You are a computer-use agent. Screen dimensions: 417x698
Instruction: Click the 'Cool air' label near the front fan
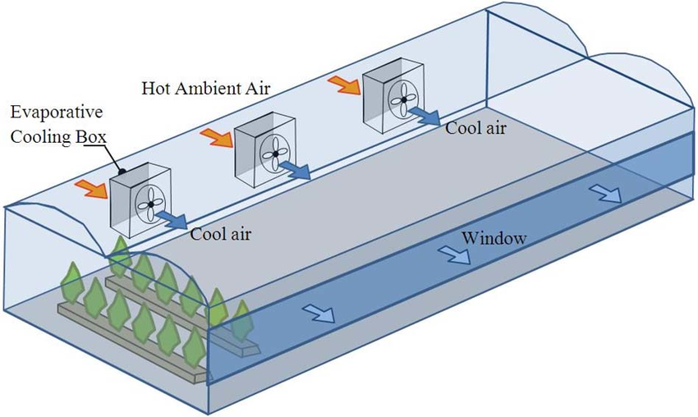[220, 233]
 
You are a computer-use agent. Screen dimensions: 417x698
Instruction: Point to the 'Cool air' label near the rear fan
[475, 129]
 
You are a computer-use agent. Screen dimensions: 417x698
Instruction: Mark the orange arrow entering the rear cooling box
[342, 84]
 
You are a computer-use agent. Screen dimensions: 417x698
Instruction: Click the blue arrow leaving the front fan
[172, 219]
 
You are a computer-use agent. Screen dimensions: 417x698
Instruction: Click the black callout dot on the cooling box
[122, 172]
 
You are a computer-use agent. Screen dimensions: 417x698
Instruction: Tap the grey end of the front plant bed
[245, 348]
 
